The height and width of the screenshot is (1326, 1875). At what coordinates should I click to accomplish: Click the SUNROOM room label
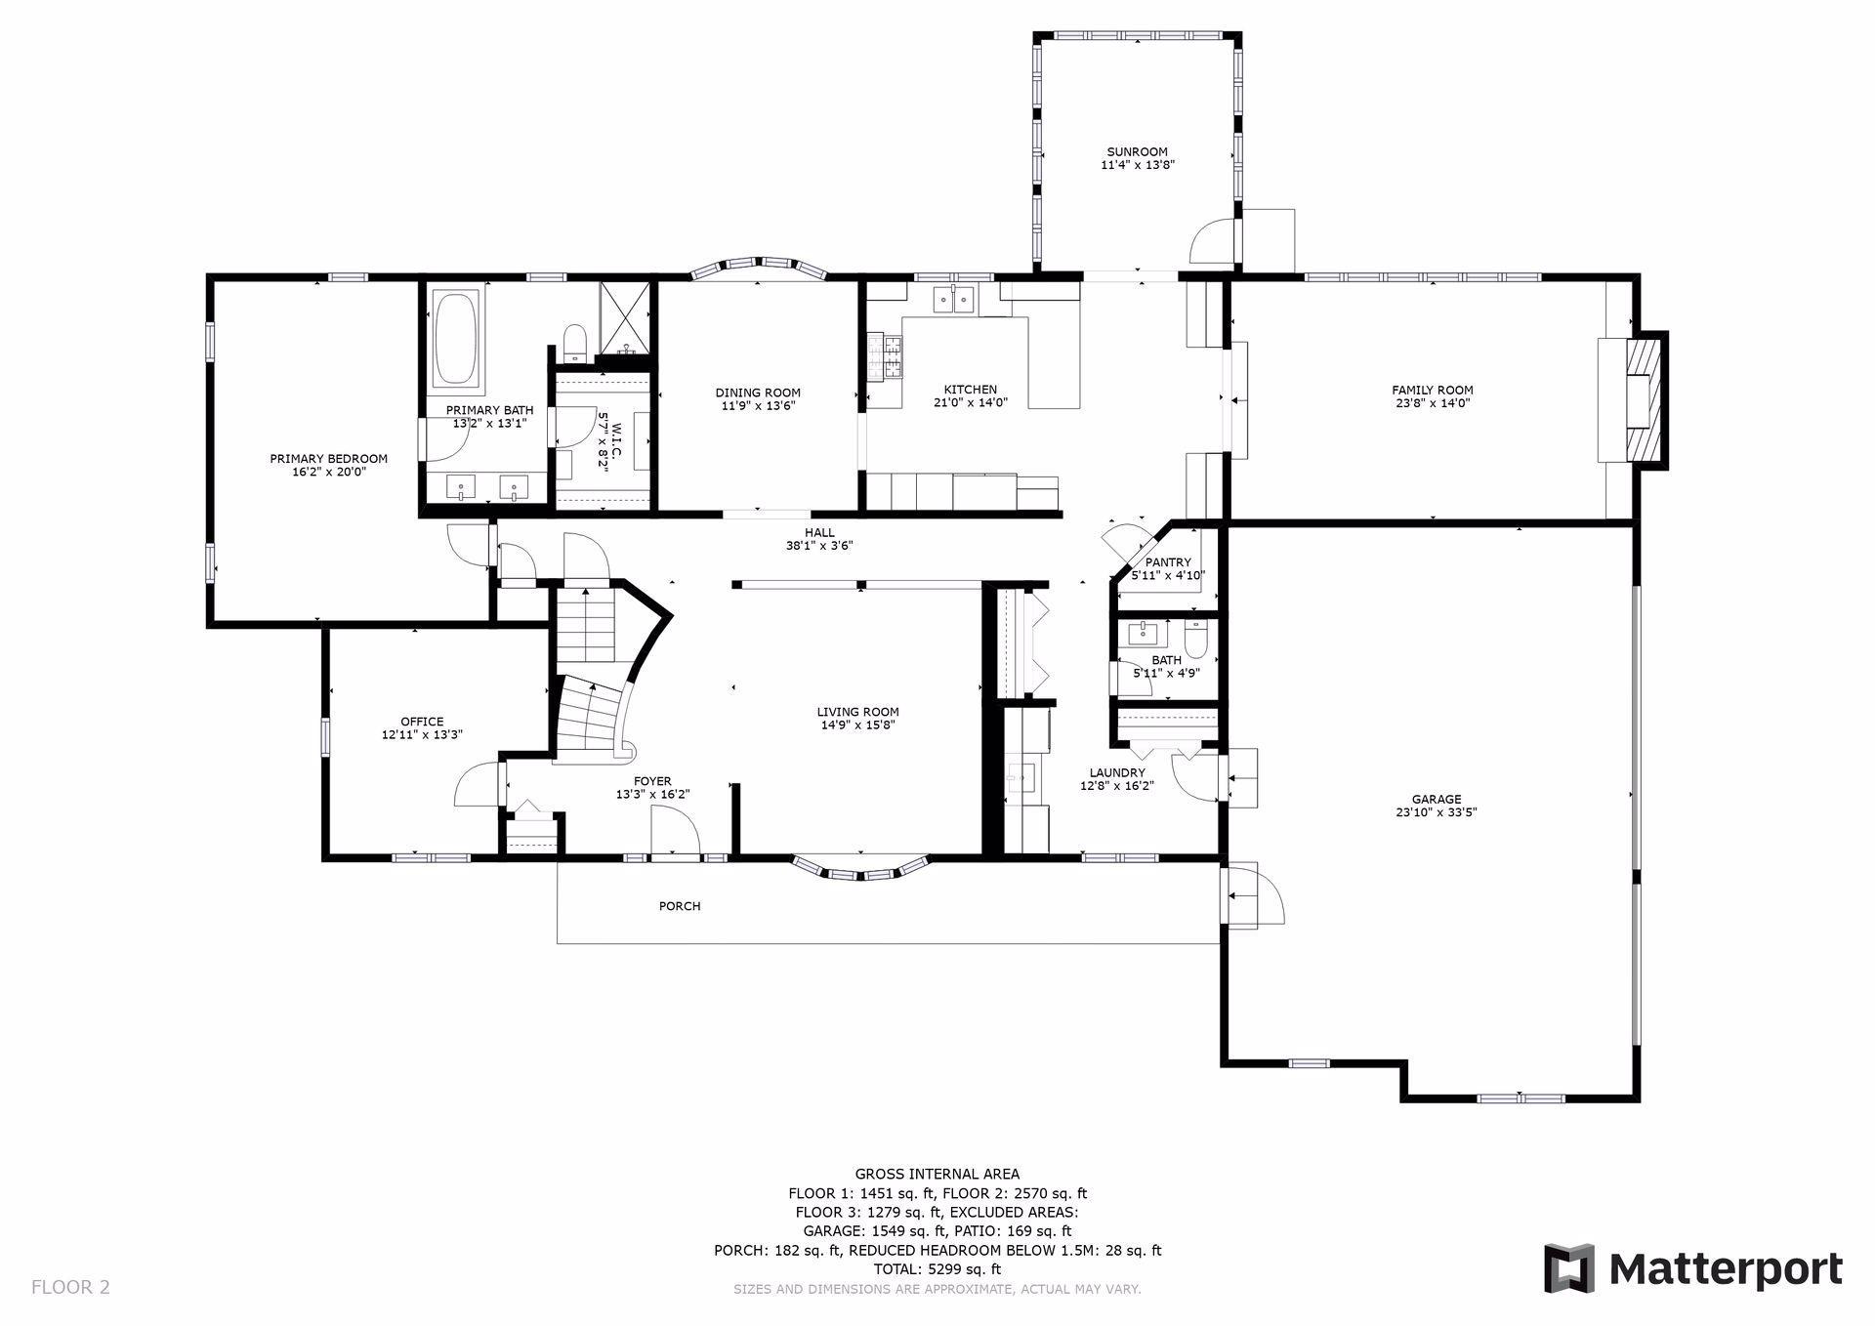pos(1137,152)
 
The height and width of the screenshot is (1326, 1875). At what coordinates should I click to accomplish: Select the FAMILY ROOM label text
pos(1432,391)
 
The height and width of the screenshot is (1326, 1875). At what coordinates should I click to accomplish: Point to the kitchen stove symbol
pos(892,355)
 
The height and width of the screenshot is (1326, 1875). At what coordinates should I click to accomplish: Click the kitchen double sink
pos(954,299)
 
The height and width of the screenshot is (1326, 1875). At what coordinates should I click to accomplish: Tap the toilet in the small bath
pos(1196,642)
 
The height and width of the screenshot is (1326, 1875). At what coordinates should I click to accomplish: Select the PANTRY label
pos(1168,562)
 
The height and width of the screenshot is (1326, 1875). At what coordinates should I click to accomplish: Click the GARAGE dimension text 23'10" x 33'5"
pos(1436,811)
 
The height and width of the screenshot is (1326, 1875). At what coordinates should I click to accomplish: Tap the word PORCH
pos(680,906)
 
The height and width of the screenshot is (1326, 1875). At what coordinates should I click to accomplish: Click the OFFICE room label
pos(422,722)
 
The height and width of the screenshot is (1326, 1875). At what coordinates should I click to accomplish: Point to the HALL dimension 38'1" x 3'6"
pos(819,546)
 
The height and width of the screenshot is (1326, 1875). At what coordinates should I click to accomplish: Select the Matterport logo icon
pos(1568,1268)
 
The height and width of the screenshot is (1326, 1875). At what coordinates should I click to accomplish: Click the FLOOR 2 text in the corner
pos(70,1287)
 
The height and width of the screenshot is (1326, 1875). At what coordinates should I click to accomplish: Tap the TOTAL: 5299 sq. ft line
pos(937,1269)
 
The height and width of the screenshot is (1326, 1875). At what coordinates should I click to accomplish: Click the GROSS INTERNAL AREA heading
pos(937,1175)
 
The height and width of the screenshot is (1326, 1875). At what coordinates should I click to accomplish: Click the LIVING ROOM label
pos(857,712)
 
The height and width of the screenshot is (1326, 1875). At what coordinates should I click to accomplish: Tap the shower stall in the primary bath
pos(625,317)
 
